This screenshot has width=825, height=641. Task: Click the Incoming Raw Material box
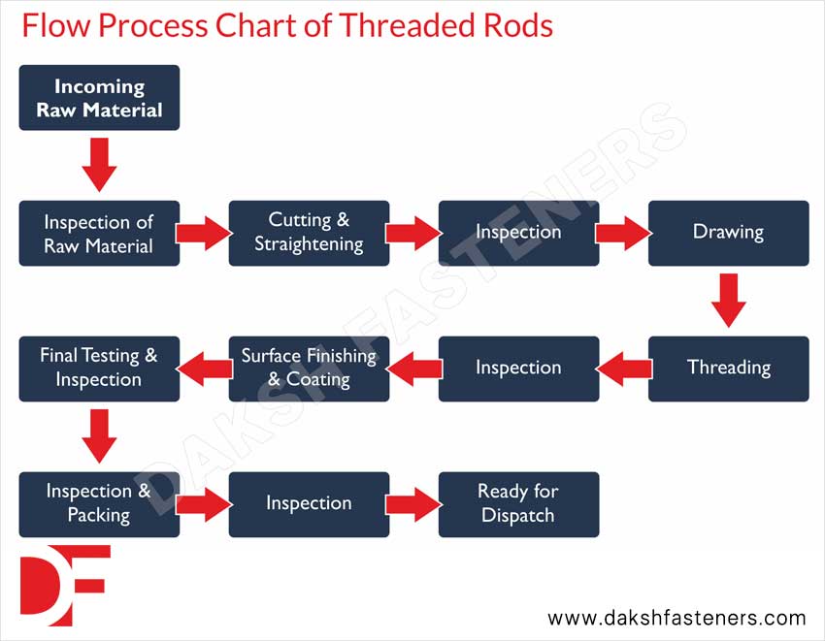pyautogui.click(x=99, y=98)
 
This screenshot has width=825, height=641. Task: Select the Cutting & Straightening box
pyautogui.click(x=309, y=233)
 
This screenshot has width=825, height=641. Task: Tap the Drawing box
pyautogui.click(x=728, y=233)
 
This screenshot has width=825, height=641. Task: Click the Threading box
pyautogui.click(x=728, y=369)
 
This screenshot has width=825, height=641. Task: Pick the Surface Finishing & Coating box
pyautogui.click(x=309, y=369)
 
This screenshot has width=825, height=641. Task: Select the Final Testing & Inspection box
pyautogui.click(x=99, y=369)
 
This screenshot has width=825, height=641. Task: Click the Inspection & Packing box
pyautogui.click(x=99, y=504)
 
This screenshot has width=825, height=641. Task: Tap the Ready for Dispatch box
pyautogui.click(x=518, y=504)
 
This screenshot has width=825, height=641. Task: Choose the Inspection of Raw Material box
pyautogui.click(x=99, y=233)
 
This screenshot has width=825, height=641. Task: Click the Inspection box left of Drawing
pyautogui.click(x=518, y=233)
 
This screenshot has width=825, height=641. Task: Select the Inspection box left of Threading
pyautogui.click(x=518, y=369)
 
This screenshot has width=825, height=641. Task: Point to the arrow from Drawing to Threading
pyautogui.click(x=728, y=301)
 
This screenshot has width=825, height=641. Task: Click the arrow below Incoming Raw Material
pyautogui.click(x=99, y=165)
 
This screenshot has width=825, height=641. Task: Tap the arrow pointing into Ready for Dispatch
pyautogui.click(x=413, y=504)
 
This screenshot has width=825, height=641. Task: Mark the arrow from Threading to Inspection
pyautogui.click(x=623, y=369)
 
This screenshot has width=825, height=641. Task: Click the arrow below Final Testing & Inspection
pyautogui.click(x=99, y=436)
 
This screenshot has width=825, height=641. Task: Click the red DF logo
pyautogui.click(x=64, y=586)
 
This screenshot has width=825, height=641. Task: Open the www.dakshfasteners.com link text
pyautogui.click(x=676, y=618)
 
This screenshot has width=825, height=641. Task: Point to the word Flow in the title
pyautogui.click(x=53, y=25)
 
